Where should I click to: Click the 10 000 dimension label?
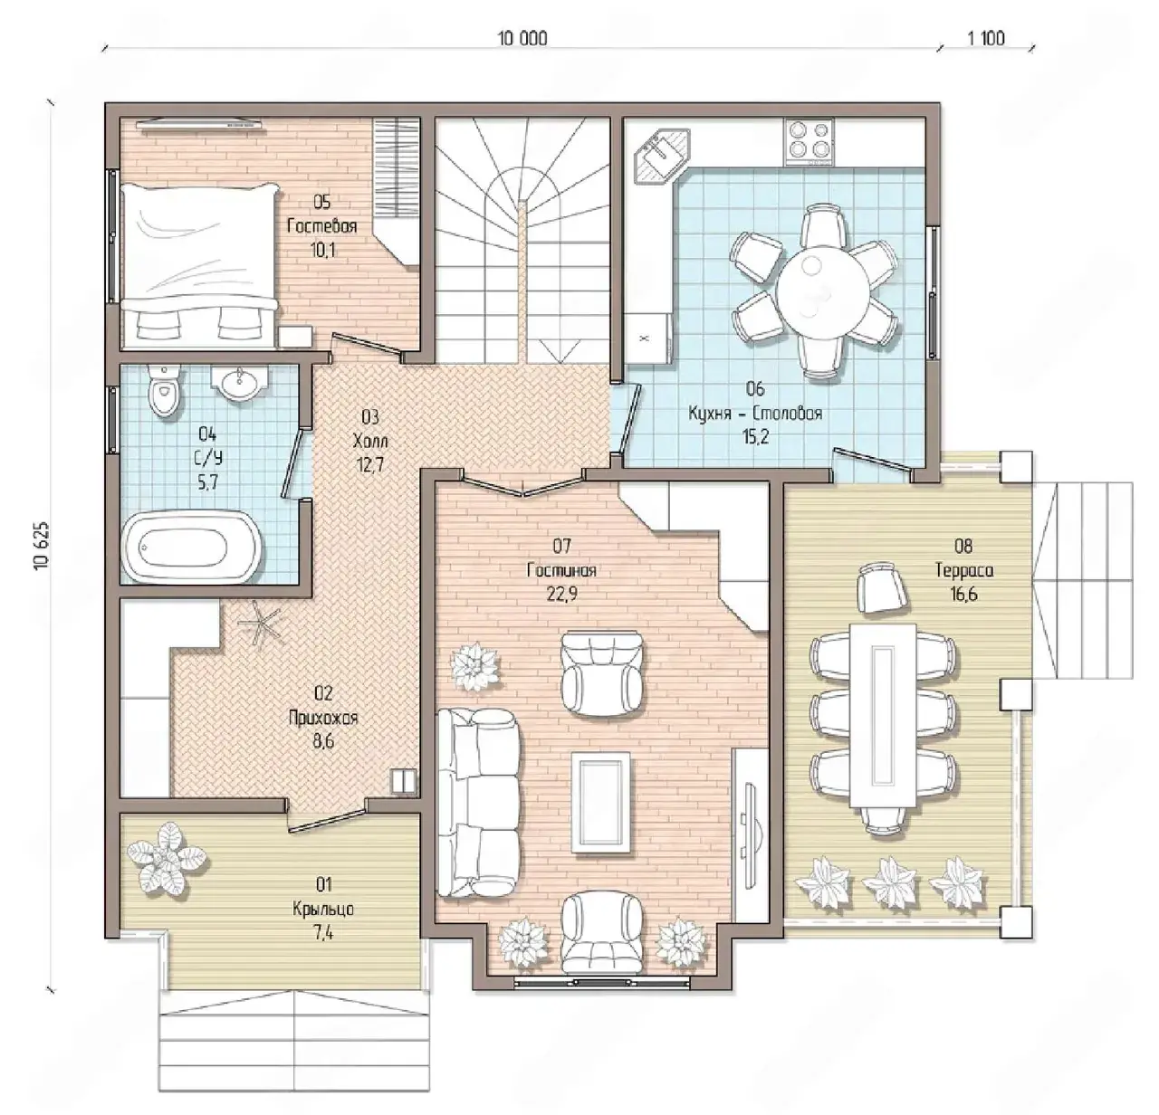click(522, 39)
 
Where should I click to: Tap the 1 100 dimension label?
click(986, 39)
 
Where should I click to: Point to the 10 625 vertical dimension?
click(41, 547)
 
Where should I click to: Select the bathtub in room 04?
click(192, 547)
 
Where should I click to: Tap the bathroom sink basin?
click(240, 384)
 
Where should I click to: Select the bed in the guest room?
click(200, 265)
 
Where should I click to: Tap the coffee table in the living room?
click(601, 801)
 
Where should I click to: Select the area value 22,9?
click(561, 594)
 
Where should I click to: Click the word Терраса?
click(964, 570)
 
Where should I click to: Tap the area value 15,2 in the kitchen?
click(755, 437)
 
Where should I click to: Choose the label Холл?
click(369, 441)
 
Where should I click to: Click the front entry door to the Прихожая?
click(326, 818)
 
